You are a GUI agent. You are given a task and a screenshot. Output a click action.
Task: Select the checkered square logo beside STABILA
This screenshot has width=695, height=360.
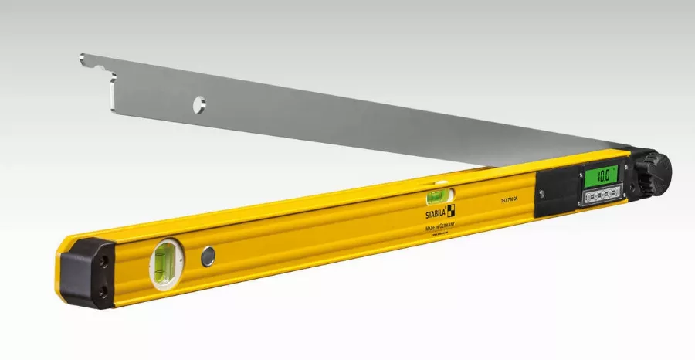coord(450,208)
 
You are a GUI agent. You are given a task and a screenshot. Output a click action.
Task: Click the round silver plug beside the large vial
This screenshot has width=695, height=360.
coord(208,258)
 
